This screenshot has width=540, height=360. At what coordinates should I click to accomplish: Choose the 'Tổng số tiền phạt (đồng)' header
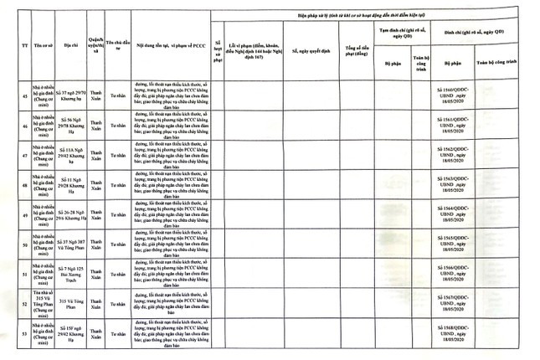357,49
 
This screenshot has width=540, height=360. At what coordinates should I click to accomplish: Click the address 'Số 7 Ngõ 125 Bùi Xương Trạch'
67,275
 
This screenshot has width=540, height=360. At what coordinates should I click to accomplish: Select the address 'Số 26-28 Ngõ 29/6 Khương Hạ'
67,215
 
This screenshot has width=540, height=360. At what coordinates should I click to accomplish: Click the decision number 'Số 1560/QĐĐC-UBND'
454,95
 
